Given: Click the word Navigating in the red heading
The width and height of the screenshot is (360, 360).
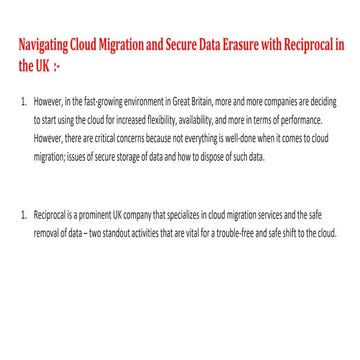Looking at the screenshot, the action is point(43,45).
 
